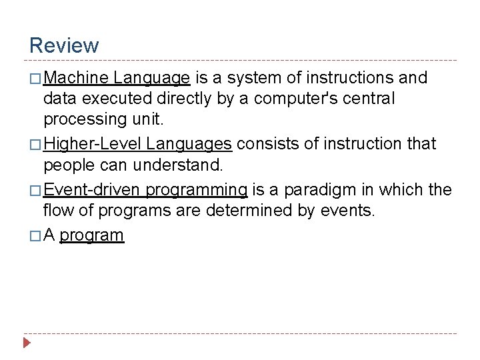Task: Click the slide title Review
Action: pos(64,45)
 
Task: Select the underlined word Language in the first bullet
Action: pos(152,79)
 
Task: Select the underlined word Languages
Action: pos(189,143)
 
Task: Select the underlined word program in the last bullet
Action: pos(92,235)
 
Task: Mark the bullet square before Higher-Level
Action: pos(35,144)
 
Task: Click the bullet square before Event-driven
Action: pos(35,191)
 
